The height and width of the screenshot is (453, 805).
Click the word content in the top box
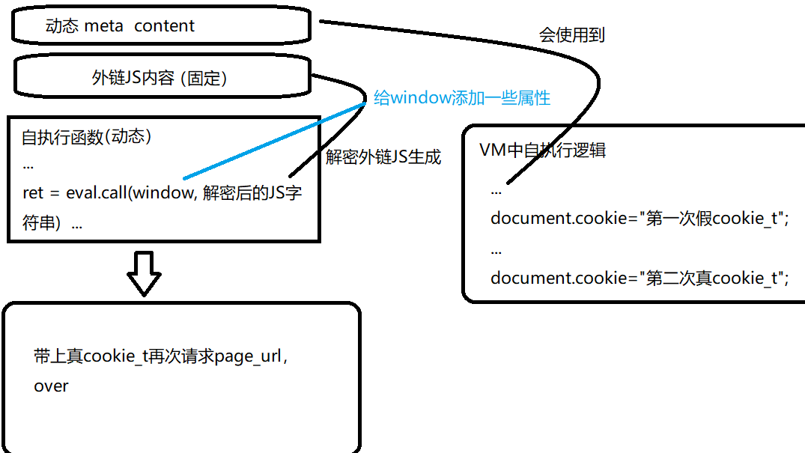(164, 26)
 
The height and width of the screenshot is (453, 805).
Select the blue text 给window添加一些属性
(462, 98)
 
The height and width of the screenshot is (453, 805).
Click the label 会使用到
(571, 35)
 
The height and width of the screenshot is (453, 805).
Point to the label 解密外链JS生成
(383, 157)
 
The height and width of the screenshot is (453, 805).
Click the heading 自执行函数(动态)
(87, 138)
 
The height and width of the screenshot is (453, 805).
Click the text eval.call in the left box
(97, 192)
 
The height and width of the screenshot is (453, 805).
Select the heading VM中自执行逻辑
(542, 150)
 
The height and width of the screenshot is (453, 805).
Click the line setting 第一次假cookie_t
(640, 219)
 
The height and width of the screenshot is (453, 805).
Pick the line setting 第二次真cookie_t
(640, 279)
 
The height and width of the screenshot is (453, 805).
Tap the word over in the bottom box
(51, 386)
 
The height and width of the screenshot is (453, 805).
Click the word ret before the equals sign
(33, 192)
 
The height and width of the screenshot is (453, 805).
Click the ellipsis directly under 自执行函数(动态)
(28, 165)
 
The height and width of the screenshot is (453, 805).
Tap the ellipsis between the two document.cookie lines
(496, 249)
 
